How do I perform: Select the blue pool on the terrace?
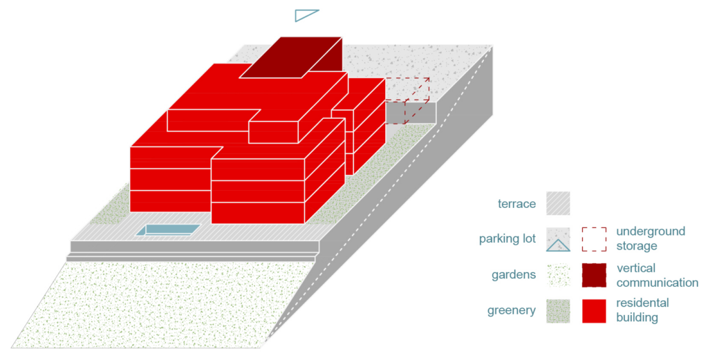(169, 230)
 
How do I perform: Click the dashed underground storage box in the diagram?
(407, 101)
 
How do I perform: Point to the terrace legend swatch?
(558, 203)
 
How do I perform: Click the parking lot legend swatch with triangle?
(558, 239)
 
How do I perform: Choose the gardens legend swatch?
(558, 275)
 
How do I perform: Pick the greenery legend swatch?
(558, 311)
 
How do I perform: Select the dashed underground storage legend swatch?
(594, 239)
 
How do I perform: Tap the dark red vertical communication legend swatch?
(594, 275)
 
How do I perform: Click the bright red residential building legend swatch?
(594, 311)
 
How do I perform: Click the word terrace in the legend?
(517, 204)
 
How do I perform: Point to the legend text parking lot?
(507, 239)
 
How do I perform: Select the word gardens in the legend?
(514, 275)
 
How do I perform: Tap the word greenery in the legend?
(512, 311)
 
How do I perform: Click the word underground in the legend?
(651, 231)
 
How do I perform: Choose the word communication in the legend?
(658, 283)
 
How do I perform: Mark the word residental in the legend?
(642, 303)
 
